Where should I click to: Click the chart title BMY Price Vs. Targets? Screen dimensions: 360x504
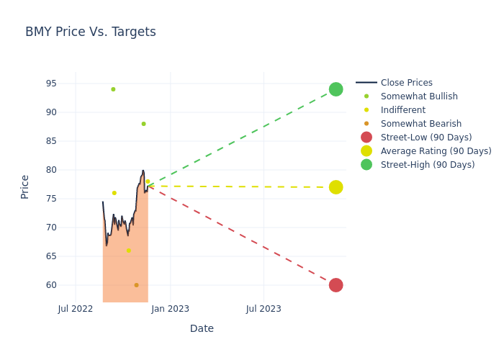pos(91,32)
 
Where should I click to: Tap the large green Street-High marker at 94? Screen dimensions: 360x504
pos(336,89)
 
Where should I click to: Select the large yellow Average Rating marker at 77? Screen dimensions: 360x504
pos(336,187)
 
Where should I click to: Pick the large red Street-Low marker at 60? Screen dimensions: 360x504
pos(336,285)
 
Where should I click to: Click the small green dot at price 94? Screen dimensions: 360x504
pos(113,89)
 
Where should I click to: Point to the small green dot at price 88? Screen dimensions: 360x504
pos(143,124)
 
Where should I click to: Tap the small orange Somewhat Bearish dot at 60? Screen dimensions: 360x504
pos(136,285)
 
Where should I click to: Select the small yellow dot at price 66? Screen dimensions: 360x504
pos(129,251)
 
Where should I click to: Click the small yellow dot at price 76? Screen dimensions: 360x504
pos(114,193)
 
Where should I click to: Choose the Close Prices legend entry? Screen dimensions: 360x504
pos(408,83)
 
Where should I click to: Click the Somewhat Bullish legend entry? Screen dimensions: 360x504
pos(419,96)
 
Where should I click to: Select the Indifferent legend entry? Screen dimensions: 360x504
pos(402,110)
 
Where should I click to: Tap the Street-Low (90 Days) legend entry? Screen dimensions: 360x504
pos(426,138)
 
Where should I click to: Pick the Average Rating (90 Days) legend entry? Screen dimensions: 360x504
pos(436,151)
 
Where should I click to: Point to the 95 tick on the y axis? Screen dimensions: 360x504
pos(51,84)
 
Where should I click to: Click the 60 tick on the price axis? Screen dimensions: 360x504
pos(51,285)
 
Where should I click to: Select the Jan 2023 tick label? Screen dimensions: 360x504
pos(170,309)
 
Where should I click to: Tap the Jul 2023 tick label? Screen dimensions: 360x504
pos(264,309)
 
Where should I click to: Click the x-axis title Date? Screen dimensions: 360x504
pos(202,328)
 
